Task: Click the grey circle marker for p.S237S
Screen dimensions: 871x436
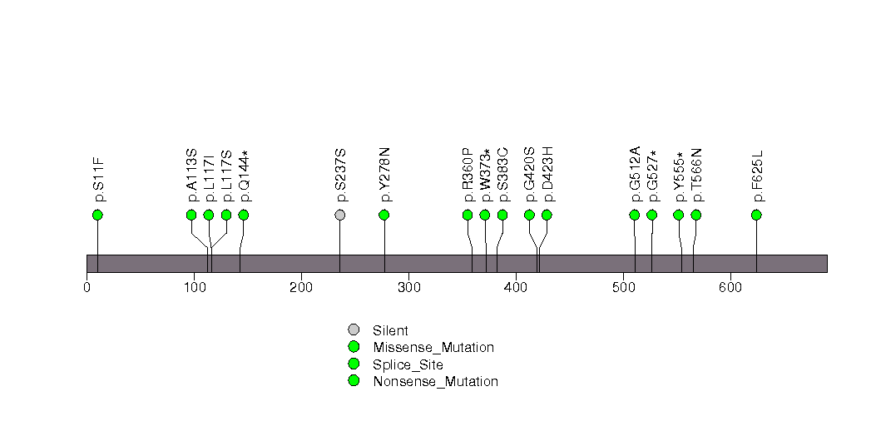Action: click(x=340, y=215)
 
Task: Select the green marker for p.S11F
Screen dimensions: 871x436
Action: click(x=98, y=215)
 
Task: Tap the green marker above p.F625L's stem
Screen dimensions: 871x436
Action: click(x=756, y=215)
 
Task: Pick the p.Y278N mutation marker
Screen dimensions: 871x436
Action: click(x=384, y=215)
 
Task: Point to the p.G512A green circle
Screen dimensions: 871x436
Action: click(x=635, y=215)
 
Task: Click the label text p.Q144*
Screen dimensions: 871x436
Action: click(x=244, y=176)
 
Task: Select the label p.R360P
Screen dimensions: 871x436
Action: click(x=468, y=175)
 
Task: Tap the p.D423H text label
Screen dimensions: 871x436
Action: click(x=547, y=175)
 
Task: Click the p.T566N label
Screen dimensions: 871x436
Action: click(x=696, y=175)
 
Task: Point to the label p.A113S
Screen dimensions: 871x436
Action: click(x=191, y=175)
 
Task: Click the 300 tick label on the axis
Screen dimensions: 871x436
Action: click(x=408, y=288)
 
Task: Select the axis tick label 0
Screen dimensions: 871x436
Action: click(x=87, y=288)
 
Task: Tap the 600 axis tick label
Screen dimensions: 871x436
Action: click(x=730, y=288)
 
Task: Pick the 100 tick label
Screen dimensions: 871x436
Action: click(x=194, y=288)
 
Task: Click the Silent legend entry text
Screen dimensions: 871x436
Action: click(x=390, y=330)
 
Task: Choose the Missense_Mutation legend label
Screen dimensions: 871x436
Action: click(x=433, y=348)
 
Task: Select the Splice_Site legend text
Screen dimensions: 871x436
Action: click(x=408, y=365)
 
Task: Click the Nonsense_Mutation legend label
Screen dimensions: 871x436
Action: click(x=436, y=382)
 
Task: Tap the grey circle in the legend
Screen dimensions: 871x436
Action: click(x=354, y=330)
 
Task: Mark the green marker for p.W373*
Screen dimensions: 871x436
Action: click(x=484, y=215)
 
